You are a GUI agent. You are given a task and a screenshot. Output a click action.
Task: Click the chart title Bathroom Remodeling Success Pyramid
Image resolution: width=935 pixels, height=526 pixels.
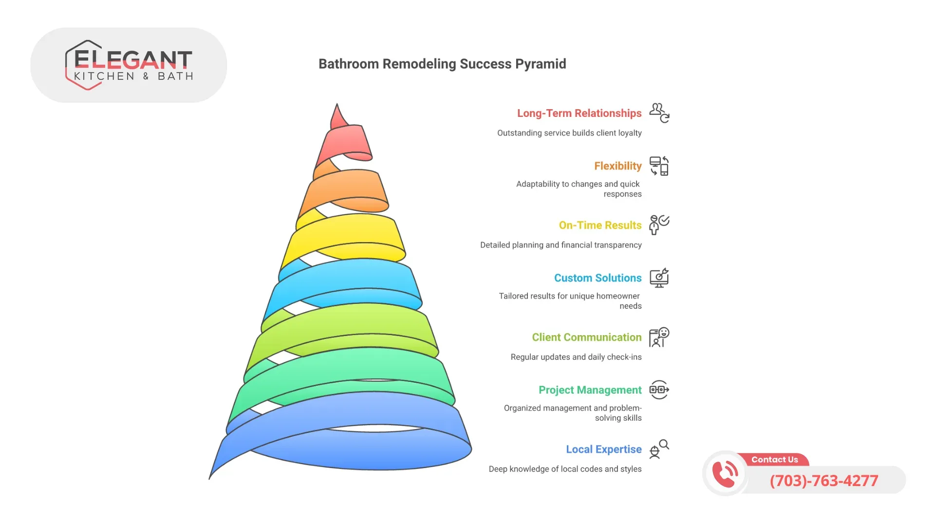coord(442,64)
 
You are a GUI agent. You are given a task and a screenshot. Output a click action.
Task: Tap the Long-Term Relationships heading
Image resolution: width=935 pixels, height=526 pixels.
coord(579,113)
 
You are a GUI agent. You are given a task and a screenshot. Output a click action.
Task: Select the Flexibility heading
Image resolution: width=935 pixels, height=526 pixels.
coord(617,166)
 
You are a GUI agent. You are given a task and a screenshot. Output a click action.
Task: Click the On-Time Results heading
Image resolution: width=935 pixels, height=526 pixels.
coord(600,225)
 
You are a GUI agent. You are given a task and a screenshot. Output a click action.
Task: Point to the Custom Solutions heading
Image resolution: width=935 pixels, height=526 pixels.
coord(598,278)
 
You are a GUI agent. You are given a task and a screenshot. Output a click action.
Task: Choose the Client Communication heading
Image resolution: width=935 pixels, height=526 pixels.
coord(586,337)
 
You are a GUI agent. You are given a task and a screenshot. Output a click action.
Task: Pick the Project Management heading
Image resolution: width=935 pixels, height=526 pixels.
coord(590,390)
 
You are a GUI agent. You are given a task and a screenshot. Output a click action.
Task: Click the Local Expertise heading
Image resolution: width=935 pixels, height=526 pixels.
coord(603,449)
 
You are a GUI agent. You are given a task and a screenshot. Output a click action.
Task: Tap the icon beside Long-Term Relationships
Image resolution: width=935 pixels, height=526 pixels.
coord(659,113)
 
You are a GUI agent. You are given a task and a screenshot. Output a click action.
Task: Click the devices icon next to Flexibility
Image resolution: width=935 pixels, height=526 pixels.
coord(659,166)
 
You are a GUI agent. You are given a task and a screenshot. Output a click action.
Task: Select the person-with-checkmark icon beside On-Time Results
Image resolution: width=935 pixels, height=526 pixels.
coord(659,225)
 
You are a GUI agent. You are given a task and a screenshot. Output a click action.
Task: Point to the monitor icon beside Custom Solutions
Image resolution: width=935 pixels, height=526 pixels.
coord(659,278)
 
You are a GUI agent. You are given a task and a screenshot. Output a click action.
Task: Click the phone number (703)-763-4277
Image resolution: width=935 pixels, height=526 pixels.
coord(824,481)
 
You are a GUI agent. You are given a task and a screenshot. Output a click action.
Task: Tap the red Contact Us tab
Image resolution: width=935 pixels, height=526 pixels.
coord(774,460)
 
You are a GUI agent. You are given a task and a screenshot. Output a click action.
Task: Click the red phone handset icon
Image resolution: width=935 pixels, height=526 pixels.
coord(725,473)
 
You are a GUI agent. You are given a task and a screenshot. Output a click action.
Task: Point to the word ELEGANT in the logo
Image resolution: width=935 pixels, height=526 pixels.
coord(133,60)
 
